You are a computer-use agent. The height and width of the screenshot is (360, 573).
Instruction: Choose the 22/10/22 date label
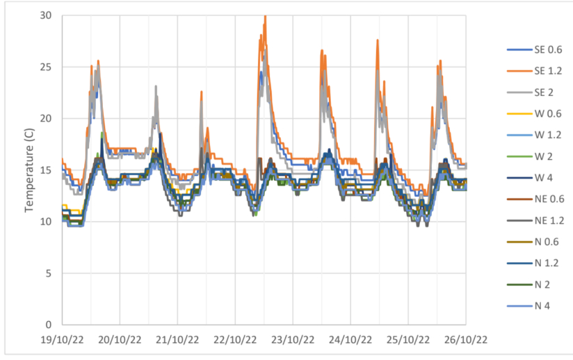click(235, 340)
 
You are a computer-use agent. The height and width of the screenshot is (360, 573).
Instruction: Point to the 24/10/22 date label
click(350, 340)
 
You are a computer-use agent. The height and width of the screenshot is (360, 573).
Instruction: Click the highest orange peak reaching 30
click(265, 16)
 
